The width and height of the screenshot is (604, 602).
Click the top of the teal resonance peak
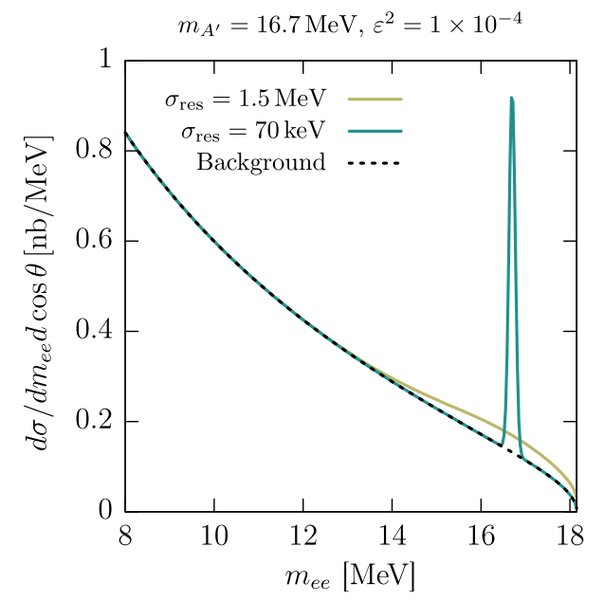click(x=511, y=99)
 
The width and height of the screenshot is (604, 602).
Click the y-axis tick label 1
click(x=105, y=61)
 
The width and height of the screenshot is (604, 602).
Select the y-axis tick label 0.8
click(x=95, y=151)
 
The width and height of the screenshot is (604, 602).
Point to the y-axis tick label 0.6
click(x=95, y=241)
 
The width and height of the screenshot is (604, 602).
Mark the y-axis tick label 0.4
click(x=95, y=332)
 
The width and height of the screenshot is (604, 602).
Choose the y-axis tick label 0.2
click(x=95, y=422)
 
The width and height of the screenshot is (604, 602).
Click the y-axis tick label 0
click(x=105, y=512)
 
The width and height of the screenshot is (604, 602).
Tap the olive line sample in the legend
click(x=375, y=98)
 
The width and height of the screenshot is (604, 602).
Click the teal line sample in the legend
click(x=375, y=130)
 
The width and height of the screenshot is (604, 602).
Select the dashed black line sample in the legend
click(x=375, y=162)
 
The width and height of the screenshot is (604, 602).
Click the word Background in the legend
click(x=261, y=162)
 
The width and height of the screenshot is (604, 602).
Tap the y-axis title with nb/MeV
click(x=43, y=285)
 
